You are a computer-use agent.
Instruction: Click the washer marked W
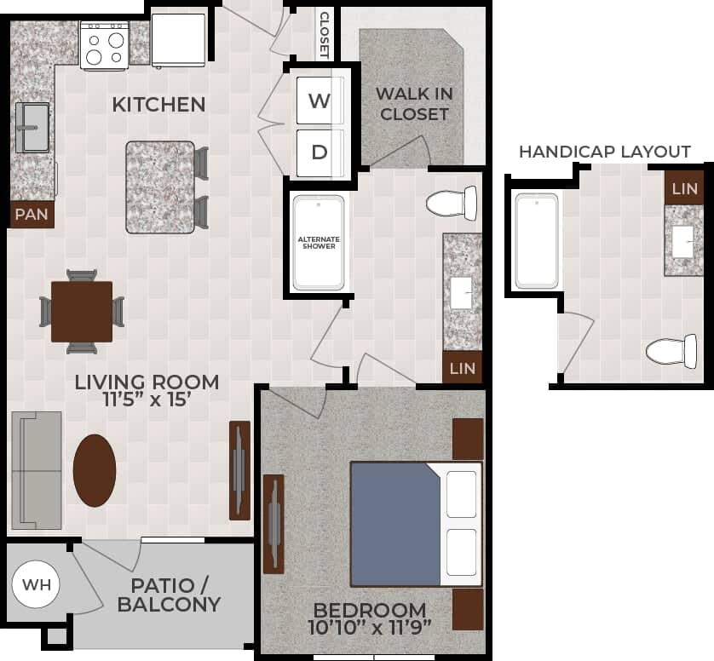click(320, 101)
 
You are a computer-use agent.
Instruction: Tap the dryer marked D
click(320, 152)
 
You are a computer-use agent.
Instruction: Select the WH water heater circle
click(36, 585)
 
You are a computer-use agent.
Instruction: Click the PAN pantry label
click(32, 215)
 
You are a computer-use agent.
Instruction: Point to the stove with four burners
click(104, 45)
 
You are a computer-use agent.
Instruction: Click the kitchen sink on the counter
click(32, 127)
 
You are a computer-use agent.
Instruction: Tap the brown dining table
click(82, 311)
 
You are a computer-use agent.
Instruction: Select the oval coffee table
click(95, 470)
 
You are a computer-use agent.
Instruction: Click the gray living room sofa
click(37, 469)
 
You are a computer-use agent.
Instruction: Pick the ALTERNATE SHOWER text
click(317, 243)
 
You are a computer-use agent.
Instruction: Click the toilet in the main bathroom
click(451, 203)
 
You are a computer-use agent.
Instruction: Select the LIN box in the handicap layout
click(684, 187)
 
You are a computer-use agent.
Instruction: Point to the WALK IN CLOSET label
click(414, 103)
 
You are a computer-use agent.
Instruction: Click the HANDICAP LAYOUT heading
click(605, 152)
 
